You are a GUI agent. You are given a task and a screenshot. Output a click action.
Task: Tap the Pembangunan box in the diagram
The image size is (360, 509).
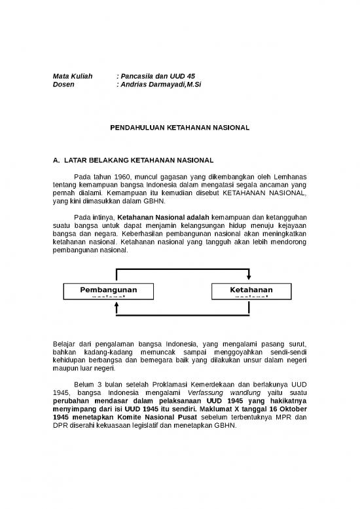coord(109,291)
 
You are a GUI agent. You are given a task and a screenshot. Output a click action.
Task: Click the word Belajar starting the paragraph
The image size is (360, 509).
coord(63,344)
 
